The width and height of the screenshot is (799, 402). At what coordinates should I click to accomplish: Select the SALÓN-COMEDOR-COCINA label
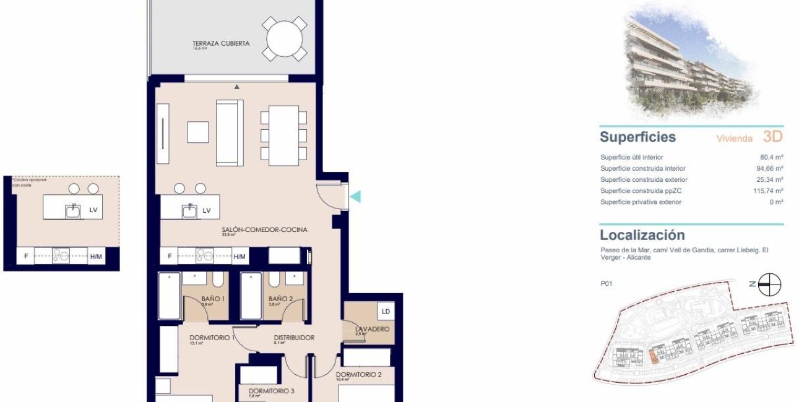pyautogui.click(x=264, y=229)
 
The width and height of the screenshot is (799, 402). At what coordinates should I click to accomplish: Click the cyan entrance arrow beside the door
pyautogui.click(x=355, y=197)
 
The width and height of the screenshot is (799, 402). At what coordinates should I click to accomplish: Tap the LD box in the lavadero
pyautogui.click(x=385, y=311)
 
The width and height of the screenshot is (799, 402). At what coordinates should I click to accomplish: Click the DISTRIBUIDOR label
pyautogui.click(x=295, y=338)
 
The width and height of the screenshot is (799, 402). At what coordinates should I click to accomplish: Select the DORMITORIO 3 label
pyautogui.click(x=271, y=391)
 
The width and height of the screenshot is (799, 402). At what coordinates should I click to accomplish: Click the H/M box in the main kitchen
pyautogui.click(x=240, y=256)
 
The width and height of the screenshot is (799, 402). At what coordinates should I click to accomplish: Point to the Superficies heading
pyautogui.click(x=637, y=137)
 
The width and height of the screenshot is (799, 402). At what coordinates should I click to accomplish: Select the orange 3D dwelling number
pyautogui.click(x=772, y=137)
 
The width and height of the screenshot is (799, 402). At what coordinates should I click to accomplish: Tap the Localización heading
pyautogui.click(x=642, y=235)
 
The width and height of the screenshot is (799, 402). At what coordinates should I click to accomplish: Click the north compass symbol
pyautogui.click(x=770, y=284)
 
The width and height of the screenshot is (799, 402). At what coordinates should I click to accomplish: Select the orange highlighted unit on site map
pyautogui.click(x=653, y=357)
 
